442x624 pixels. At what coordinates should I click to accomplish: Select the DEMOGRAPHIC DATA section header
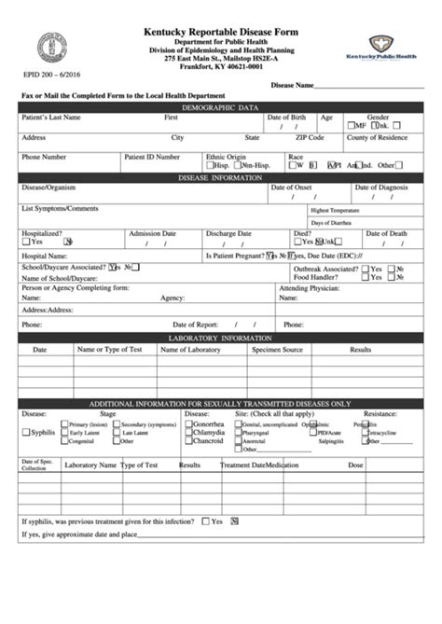(220, 107)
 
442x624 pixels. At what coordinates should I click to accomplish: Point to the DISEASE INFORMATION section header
(220, 176)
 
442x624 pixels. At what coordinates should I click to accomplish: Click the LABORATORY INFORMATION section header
(220, 336)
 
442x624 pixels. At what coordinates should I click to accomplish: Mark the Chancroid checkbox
(188, 442)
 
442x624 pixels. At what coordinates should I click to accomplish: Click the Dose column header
(355, 464)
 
